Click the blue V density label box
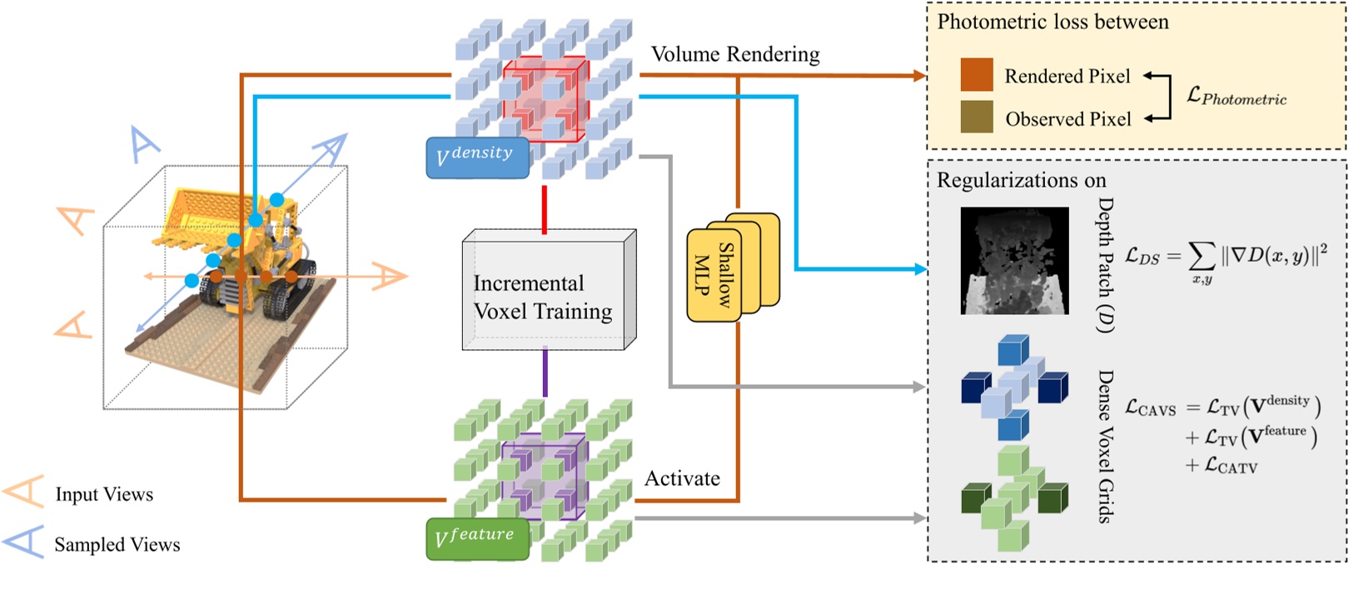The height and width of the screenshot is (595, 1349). [477, 157]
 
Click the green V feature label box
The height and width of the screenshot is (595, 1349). [477, 538]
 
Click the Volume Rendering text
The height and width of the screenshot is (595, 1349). [735, 54]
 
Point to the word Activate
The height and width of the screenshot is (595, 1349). [682, 478]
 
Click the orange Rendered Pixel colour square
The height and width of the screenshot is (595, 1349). [977, 75]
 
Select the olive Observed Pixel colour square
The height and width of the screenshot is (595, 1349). [977, 117]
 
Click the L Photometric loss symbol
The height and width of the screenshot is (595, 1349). [1237, 96]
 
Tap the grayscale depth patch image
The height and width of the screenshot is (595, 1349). [1014, 261]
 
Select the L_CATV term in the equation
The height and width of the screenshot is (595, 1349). [1221, 466]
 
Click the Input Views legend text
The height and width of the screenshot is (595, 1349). [104, 494]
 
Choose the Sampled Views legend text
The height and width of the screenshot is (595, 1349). [117, 544]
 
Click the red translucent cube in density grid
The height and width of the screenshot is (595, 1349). [545, 98]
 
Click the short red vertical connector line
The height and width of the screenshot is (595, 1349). [545, 209]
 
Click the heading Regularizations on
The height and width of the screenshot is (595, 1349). [1021, 180]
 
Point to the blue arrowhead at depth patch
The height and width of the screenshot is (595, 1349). [920, 269]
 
